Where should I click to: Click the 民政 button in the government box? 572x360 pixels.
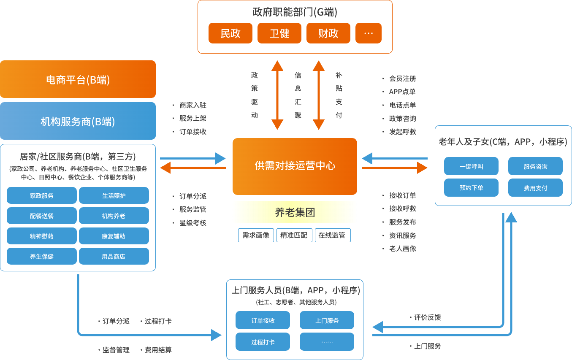click(x=230, y=33)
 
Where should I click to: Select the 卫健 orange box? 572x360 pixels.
click(x=279, y=33)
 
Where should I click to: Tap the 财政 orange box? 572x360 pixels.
click(x=328, y=33)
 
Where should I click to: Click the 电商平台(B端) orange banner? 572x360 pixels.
click(x=78, y=79)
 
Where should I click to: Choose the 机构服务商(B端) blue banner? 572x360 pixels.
click(x=78, y=121)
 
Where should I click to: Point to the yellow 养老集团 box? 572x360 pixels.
click(x=295, y=212)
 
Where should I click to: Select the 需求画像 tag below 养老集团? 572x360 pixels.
click(x=256, y=235)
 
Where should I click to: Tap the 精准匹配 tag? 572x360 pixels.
click(x=294, y=235)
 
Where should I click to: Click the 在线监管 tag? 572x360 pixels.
click(x=332, y=235)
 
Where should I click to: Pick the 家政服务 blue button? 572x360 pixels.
click(x=42, y=196)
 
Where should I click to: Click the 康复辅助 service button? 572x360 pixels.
click(x=114, y=236)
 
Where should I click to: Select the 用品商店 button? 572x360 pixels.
click(x=114, y=257)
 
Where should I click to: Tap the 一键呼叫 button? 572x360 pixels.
click(x=471, y=166)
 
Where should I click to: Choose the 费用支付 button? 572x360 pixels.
click(x=535, y=188)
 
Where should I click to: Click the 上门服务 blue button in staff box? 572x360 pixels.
click(x=327, y=320)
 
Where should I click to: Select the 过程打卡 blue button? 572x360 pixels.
click(x=263, y=342)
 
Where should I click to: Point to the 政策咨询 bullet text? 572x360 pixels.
click(x=402, y=119)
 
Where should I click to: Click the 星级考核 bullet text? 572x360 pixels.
click(x=192, y=223)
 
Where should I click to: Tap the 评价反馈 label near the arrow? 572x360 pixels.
click(x=427, y=317)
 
